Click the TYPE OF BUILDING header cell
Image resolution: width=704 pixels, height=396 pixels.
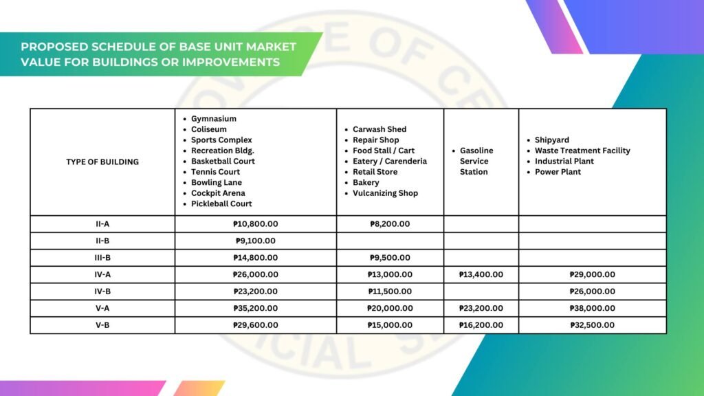(102, 162)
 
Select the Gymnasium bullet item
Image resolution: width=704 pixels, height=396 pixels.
(213, 119)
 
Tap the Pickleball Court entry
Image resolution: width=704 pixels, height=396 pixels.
(221, 204)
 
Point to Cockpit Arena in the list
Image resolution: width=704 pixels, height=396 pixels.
(218, 193)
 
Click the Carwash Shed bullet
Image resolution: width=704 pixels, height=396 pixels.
(379, 129)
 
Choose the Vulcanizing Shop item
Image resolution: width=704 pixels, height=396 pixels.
(385, 193)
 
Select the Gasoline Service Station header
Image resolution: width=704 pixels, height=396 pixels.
(476, 161)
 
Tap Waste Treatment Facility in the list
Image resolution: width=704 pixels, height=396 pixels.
(582, 151)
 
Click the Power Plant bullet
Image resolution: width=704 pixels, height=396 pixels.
(558, 172)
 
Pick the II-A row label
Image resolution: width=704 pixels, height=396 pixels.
(102, 224)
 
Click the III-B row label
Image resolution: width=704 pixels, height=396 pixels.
(102, 258)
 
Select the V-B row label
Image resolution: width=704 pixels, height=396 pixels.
(102, 325)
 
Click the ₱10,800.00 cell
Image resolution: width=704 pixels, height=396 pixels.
(255, 224)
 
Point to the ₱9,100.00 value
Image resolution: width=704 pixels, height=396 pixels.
(255, 241)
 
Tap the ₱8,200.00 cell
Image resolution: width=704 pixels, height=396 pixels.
(390, 224)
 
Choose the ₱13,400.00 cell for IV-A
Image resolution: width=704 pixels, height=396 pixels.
(481, 275)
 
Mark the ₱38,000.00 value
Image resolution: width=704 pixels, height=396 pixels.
(592, 309)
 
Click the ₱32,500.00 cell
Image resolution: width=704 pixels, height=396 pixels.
(592, 325)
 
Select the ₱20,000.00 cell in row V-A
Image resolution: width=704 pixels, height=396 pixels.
(390, 309)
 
